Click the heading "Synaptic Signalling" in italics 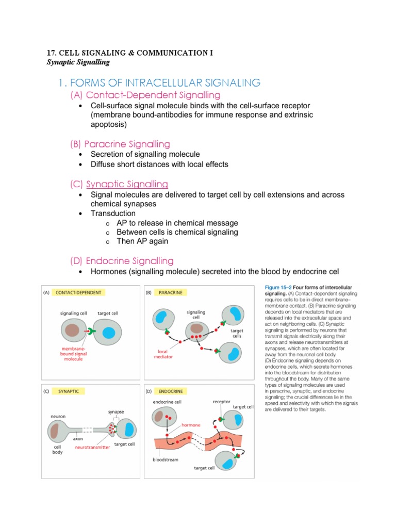tap(78, 62)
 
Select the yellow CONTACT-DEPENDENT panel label tap(79, 292)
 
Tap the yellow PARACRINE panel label tap(170, 292)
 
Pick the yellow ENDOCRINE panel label tap(171, 391)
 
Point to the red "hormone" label tap(191, 425)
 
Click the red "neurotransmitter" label tap(92, 448)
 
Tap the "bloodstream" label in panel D tap(165, 459)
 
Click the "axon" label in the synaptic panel tap(78, 439)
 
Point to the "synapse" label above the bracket tap(115, 412)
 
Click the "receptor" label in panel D tap(221, 401)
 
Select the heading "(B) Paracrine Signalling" tap(120, 144)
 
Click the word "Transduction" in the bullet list tap(113, 213)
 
